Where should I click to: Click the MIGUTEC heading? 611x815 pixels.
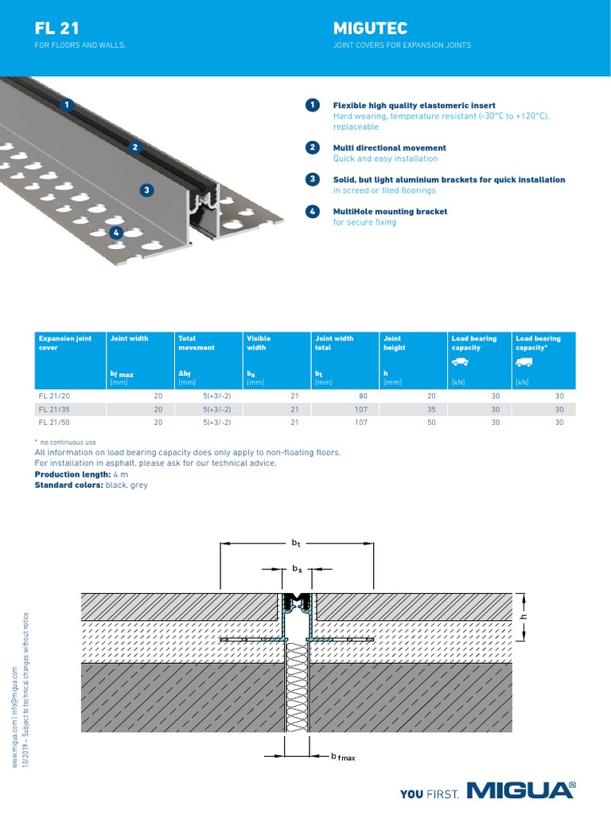pyautogui.click(x=370, y=29)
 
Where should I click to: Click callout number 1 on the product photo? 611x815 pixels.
pyautogui.click(x=68, y=104)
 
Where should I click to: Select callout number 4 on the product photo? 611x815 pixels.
pyautogui.click(x=116, y=232)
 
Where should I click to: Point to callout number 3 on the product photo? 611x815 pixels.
pyautogui.click(x=146, y=189)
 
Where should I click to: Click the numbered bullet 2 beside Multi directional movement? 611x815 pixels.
pyautogui.click(x=313, y=147)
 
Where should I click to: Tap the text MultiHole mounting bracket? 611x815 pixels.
pyautogui.click(x=390, y=212)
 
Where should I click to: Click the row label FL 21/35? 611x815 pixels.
pyautogui.click(x=53, y=409)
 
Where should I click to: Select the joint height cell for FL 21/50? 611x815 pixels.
pyautogui.click(x=432, y=423)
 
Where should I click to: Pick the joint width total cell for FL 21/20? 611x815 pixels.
pyautogui.click(x=361, y=396)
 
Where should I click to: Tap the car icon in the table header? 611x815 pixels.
pyautogui.click(x=459, y=363)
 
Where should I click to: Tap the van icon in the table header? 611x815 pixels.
pyautogui.click(x=523, y=363)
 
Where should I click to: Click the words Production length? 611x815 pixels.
pyautogui.click(x=68, y=474)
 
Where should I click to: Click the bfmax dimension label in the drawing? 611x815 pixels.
pyautogui.click(x=343, y=757)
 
